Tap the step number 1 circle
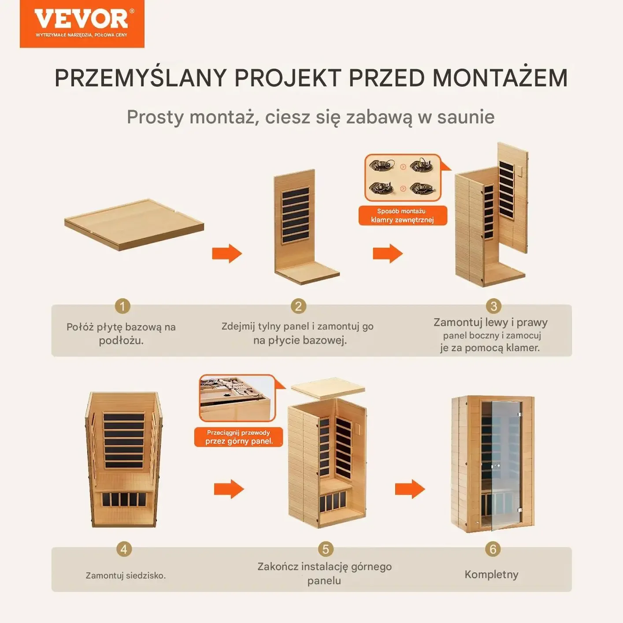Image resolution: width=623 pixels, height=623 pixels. [x=122, y=306]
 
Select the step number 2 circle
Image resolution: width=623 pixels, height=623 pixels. [x=298, y=306]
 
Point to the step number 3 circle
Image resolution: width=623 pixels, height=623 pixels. [x=493, y=306]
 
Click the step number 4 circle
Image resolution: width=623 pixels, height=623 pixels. [x=124, y=549]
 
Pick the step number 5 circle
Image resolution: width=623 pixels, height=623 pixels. [x=326, y=549]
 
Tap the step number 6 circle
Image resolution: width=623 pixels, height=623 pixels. [x=493, y=549]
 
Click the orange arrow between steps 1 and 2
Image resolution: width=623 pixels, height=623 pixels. [x=227, y=253]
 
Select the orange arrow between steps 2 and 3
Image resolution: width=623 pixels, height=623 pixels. [x=388, y=253]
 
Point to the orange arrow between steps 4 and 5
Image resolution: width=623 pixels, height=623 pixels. [x=229, y=489]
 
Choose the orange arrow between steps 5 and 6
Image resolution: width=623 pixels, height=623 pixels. [x=410, y=489]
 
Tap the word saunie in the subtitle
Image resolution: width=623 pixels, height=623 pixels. [x=466, y=117]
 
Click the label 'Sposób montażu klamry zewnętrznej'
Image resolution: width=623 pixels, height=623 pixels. [x=403, y=215]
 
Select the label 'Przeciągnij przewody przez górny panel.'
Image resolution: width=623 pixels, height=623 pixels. [x=239, y=437]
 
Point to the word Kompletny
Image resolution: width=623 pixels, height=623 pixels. [x=491, y=575]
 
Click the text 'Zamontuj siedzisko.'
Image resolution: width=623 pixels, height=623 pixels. [x=126, y=575]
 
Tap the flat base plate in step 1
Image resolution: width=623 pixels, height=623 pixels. [x=134, y=224]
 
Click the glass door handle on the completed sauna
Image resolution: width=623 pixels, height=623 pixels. [x=495, y=466]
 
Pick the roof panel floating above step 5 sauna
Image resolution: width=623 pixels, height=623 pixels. [x=328, y=386]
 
